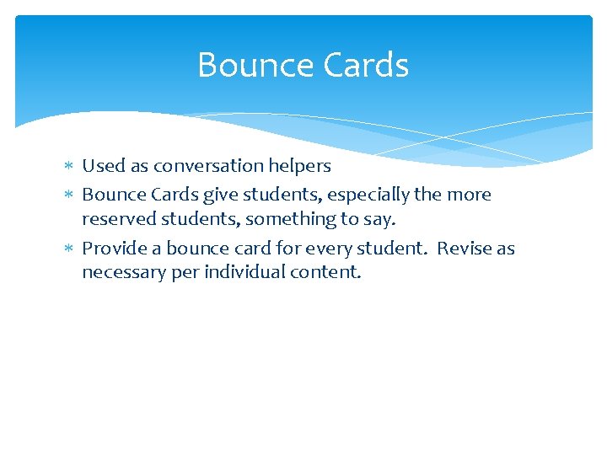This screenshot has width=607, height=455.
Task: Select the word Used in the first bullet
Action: coord(102,167)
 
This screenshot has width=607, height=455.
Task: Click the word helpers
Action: coord(301,167)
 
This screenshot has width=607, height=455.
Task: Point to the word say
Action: coord(380,219)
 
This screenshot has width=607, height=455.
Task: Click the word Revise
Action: coord(464,249)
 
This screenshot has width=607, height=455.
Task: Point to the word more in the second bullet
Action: coord(470,195)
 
